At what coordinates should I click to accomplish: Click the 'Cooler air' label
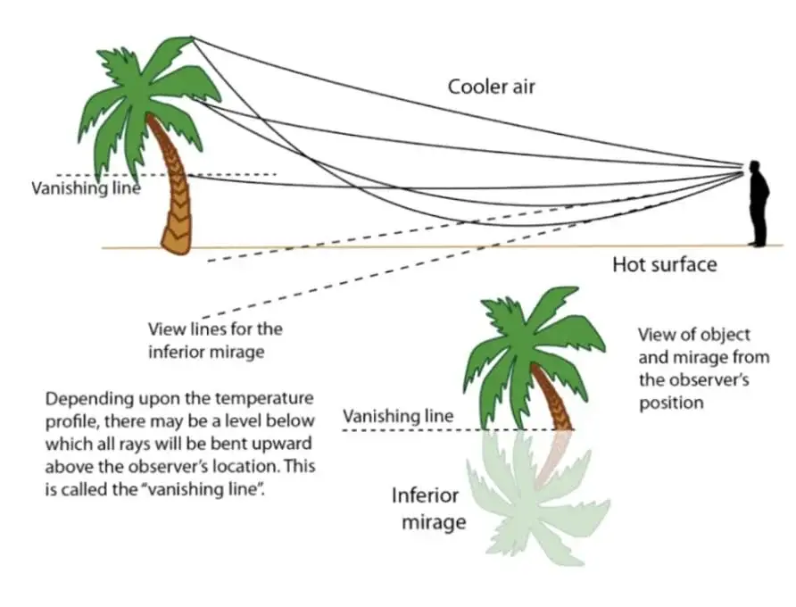pos(491,87)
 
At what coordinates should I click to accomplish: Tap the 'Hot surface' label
pos(664,265)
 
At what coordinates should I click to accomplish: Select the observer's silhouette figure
pos(758,204)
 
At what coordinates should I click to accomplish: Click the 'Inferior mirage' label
pos(426,508)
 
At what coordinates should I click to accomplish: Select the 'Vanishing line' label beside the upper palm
pos(86,188)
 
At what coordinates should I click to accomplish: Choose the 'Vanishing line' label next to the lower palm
pos(398,416)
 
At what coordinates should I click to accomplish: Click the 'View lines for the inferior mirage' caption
pos(215,340)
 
